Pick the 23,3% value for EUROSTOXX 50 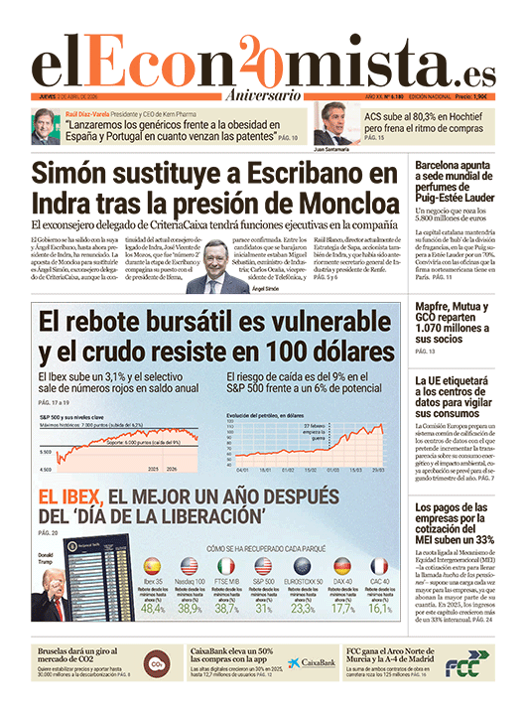[x=304, y=609]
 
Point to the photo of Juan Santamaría [x=337, y=125]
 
